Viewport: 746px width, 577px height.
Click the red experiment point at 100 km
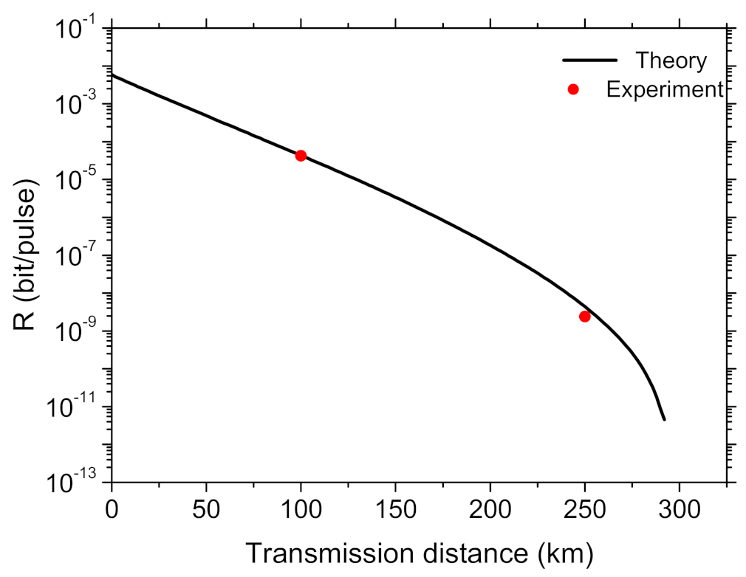301,155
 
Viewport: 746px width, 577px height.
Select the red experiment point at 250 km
584,316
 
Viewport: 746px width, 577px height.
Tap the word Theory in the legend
671,60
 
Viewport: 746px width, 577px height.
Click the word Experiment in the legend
663,89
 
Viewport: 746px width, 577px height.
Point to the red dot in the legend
573,89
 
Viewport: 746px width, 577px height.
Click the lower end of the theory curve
664,419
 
